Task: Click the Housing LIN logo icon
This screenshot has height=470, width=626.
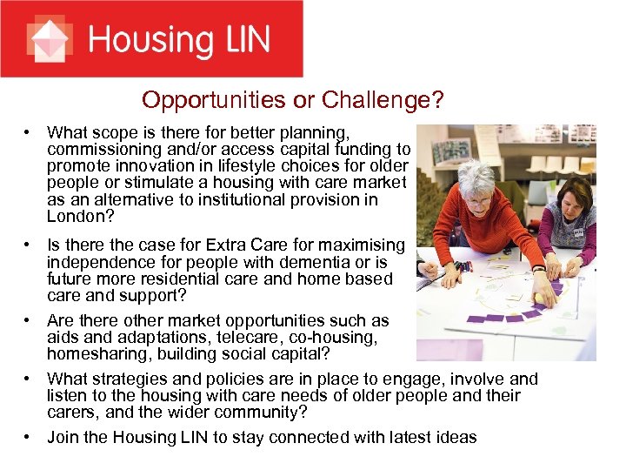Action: [x=49, y=39]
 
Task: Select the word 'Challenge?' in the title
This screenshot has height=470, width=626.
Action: [x=383, y=100]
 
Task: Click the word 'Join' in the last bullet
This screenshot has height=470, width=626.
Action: [x=63, y=437]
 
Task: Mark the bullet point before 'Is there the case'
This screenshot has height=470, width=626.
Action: [x=30, y=246]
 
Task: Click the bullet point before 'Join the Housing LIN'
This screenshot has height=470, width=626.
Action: [x=30, y=437]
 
